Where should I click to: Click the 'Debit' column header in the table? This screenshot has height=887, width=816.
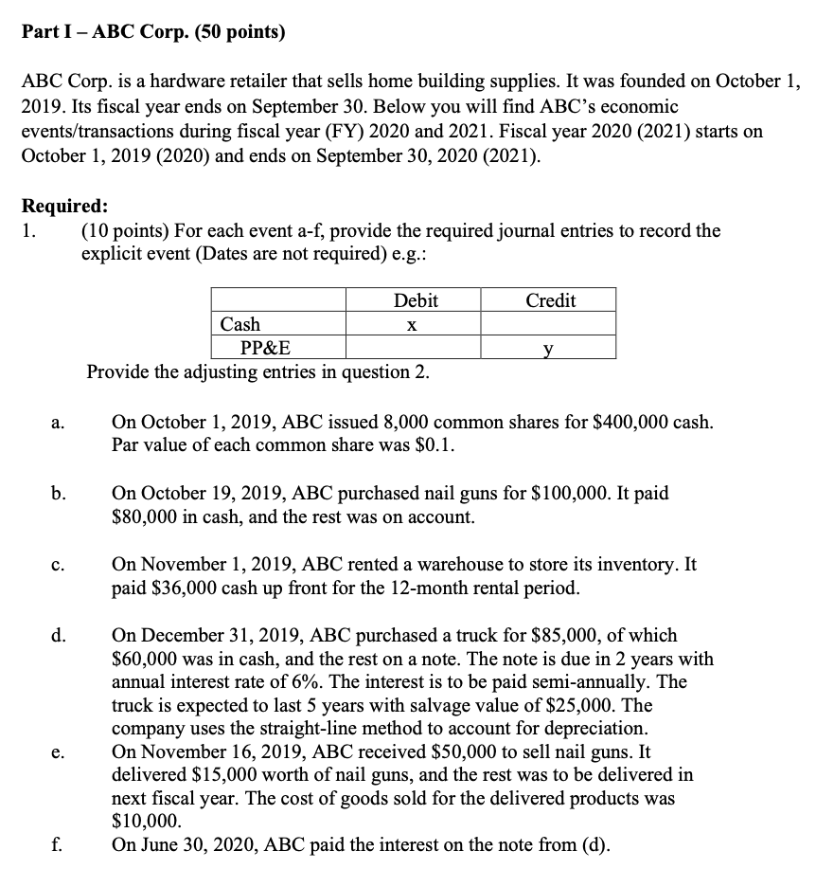(x=416, y=300)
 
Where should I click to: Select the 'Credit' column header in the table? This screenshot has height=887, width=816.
(x=550, y=300)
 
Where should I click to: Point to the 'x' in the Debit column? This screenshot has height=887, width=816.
(x=412, y=324)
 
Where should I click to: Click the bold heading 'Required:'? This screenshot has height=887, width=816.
(x=64, y=205)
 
